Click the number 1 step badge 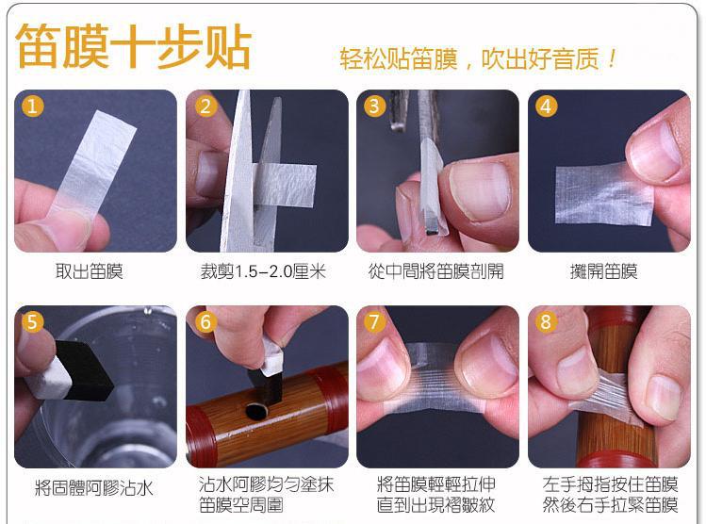32,106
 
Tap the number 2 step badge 205,106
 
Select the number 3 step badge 374,106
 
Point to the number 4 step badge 546,106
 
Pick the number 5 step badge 32,321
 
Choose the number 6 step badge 205,321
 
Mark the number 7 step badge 374,321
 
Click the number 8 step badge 546,321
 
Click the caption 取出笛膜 90,271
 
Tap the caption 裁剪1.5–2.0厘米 263,271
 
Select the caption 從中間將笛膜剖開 435,271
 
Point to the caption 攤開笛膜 603,271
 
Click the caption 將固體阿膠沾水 94,488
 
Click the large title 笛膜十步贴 133,46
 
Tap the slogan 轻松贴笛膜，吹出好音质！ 478,59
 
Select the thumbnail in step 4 654,151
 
